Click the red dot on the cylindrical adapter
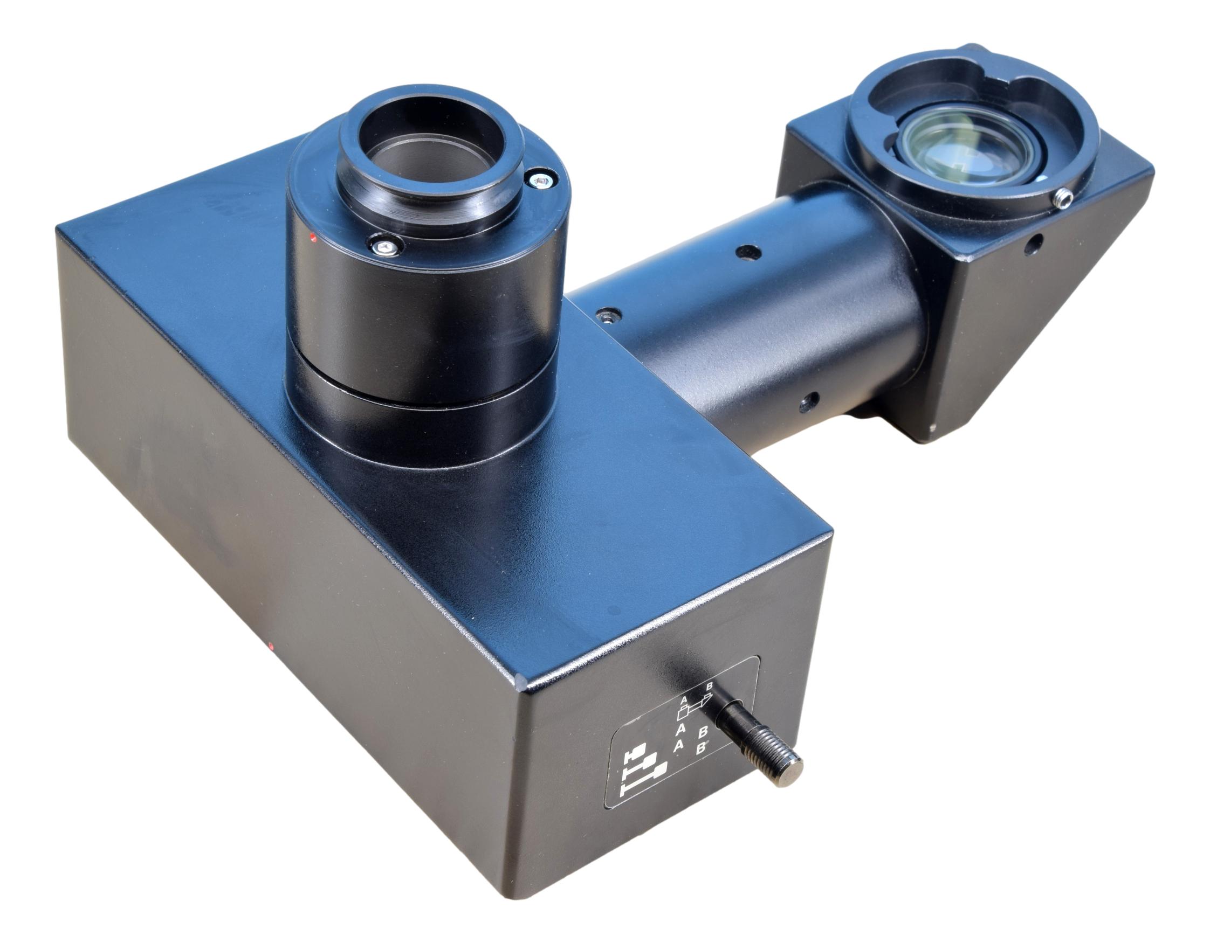[314, 239]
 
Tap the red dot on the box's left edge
[270, 646]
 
